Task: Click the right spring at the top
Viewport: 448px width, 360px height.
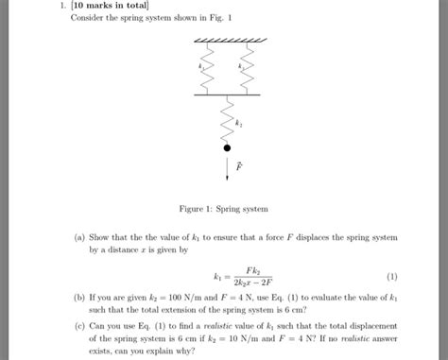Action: pyautogui.click(x=248, y=72)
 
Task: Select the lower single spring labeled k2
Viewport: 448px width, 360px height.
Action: pyautogui.click(x=228, y=121)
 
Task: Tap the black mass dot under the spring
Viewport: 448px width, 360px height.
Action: pyautogui.click(x=228, y=147)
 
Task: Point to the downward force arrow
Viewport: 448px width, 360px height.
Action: pyautogui.click(x=228, y=167)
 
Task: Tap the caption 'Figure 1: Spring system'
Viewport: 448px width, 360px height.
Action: pyautogui.click(x=228, y=208)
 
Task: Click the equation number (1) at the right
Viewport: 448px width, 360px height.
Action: pyautogui.click(x=391, y=277)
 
